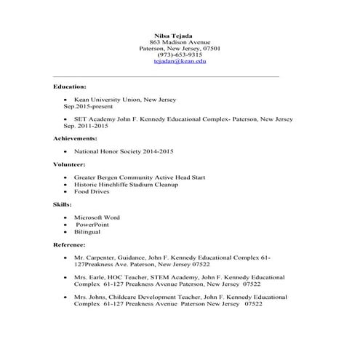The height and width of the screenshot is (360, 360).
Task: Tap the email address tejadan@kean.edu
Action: [x=180, y=62]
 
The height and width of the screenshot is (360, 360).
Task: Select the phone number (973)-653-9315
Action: [x=180, y=55]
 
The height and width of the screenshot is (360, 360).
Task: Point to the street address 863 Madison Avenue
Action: [x=180, y=42]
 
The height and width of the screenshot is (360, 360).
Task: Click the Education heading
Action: [x=70, y=86]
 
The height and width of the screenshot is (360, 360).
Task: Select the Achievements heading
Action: [x=75, y=137]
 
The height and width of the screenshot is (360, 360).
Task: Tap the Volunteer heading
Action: [x=71, y=164]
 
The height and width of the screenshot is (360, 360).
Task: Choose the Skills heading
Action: [x=63, y=205]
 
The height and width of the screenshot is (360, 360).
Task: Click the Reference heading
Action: [x=70, y=245]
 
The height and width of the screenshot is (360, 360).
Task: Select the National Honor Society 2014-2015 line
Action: [x=124, y=151]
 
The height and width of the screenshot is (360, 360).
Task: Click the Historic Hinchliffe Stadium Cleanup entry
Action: [x=126, y=185]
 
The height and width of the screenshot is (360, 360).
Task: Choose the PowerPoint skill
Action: [x=97, y=225]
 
